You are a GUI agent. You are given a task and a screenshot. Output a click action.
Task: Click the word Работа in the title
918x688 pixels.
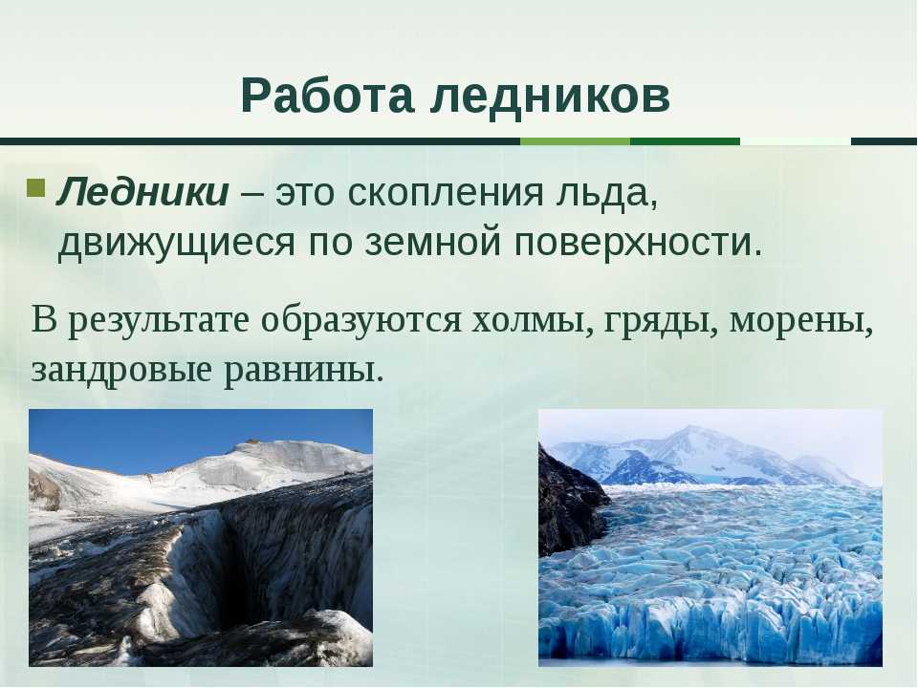click(327, 96)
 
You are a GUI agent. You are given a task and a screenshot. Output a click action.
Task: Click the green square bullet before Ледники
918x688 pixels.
click(35, 188)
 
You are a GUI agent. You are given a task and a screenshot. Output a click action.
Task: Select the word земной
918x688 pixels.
click(432, 241)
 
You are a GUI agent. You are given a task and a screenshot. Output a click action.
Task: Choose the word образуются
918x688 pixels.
click(361, 321)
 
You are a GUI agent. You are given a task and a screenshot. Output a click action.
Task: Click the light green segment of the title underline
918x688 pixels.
click(575, 141)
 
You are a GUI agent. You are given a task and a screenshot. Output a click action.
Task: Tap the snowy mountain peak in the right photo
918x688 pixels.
click(690, 436)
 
